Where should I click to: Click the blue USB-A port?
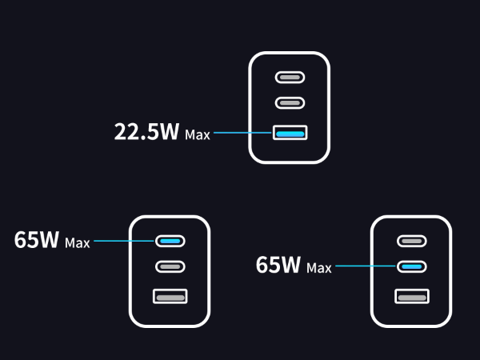tap(290, 134)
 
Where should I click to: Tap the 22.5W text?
tap(146, 132)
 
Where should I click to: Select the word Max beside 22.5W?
tap(197, 135)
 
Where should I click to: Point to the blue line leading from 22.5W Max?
tap(242, 134)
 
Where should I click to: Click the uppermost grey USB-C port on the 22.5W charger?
tap(290, 78)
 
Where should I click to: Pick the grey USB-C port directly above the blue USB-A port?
tap(290, 103)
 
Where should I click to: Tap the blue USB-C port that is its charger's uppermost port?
tap(170, 240)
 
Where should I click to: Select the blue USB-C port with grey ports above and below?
tap(411, 266)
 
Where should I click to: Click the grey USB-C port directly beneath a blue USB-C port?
tap(170, 266)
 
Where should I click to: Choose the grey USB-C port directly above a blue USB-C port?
tap(411, 240)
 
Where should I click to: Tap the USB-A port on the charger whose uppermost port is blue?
tap(170, 296)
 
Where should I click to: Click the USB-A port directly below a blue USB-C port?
tap(411, 296)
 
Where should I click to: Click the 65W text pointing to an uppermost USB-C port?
tap(36, 240)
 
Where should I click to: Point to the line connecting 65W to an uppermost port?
tap(124, 240)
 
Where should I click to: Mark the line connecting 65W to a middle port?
tap(366, 266)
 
